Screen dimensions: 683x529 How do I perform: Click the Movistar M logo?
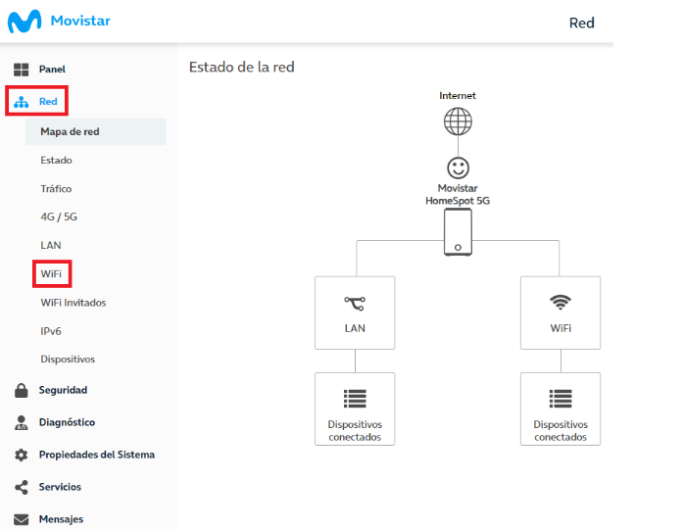coord(24,21)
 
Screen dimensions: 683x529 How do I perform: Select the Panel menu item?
coord(52,70)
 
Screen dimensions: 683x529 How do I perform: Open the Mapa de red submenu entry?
coord(70,131)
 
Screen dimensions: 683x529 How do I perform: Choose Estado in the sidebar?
coord(56,161)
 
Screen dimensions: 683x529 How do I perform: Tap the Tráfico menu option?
coord(56,188)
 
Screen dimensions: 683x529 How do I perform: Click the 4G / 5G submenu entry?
coord(59,216)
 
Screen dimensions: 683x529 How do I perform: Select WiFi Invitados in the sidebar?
coord(73,303)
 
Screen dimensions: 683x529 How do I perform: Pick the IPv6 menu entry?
coord(51,331)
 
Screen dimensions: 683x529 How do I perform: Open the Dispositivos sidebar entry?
coord(68,360)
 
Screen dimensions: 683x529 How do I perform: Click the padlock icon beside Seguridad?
coord(21,390)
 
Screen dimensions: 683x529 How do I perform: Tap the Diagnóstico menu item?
coord(67,422)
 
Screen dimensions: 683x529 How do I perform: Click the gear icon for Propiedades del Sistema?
coord(21,455)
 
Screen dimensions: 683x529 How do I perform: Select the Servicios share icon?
coord(21,487)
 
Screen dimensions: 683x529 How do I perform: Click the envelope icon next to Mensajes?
coord(21,519)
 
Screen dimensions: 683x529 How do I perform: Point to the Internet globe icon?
coord(458,121)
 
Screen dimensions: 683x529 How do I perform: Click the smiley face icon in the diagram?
coord(458,168)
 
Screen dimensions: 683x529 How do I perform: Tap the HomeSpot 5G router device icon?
coord(458,231)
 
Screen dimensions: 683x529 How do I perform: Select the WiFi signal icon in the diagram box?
coord(561,302)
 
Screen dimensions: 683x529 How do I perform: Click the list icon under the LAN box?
coord(355,399)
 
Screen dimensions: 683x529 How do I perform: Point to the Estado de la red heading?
coord(242,67)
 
